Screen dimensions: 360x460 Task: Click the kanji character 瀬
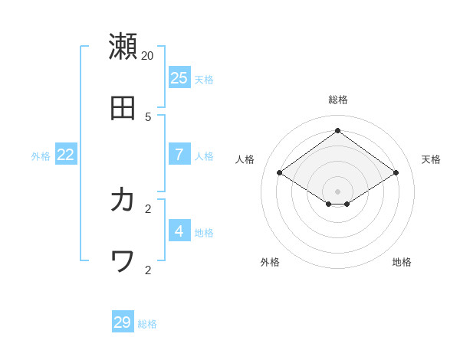[x=123, y=46]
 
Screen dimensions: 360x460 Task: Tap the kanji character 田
[x=123, y=108]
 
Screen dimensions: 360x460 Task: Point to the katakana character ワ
[x=123, y=261]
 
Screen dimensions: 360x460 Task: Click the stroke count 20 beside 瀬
[x=147, y=55]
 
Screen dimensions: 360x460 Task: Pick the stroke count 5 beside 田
[x=148, y=116]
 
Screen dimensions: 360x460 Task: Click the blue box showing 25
[x=179, y=77]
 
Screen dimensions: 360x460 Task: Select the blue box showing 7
[x=179, y=154]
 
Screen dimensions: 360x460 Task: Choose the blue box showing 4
[x=179, y=231]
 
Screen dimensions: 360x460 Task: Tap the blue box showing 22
[x=66, y=154]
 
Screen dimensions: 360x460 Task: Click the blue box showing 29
[x=123, y=322]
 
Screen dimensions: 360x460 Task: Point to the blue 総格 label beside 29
[x=147, y=324]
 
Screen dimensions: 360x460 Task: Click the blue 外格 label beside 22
[x=41, y=156]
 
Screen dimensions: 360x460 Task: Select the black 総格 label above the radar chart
[x=338, y=100]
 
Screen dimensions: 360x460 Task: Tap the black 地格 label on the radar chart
[x=402, y=262]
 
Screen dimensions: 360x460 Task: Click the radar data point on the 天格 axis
[x=396, y=173]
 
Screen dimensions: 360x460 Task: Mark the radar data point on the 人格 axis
[x=279, y=173]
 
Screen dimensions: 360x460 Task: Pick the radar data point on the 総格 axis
[x=337, y=130]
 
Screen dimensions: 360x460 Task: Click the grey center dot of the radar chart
[x=337, y=191]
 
